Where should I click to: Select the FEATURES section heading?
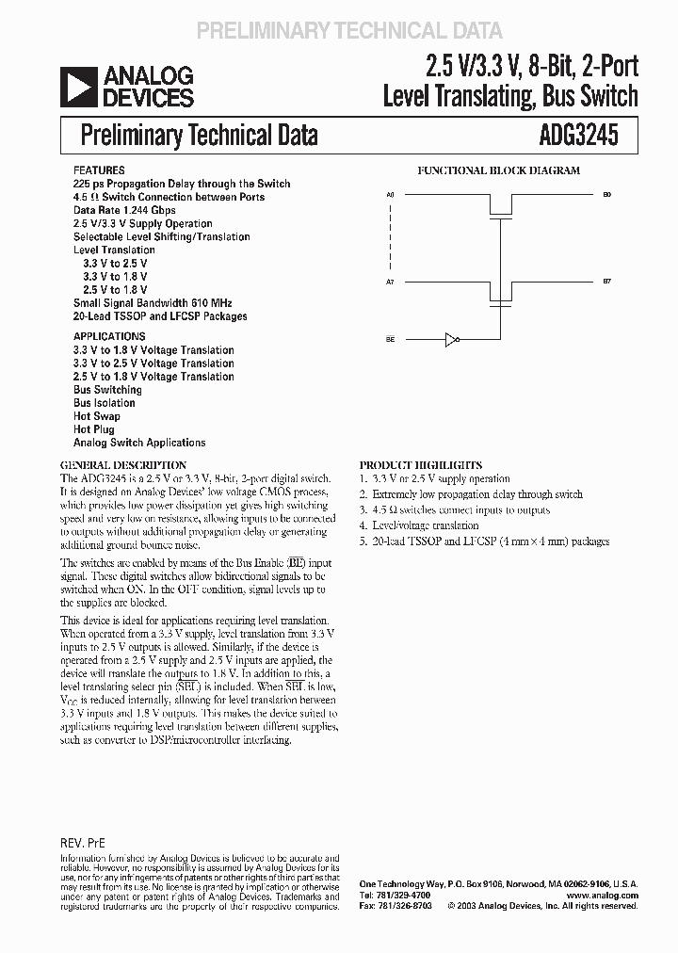[x=98, y=171]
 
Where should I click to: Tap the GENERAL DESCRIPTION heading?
[x=123, y=465]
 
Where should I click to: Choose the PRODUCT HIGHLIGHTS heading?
[x=421, y=465]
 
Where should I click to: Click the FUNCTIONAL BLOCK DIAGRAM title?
[x=499, y=171]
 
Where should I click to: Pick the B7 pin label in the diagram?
[x=606, y=283]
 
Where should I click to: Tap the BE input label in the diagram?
[x=390, y=339]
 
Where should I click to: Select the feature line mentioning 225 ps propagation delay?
[x=182, y=184]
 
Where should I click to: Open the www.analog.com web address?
[x=603, y=895]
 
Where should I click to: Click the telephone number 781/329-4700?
[x=399, y=895]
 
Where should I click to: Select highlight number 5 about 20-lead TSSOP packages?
[x=484, y=541]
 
